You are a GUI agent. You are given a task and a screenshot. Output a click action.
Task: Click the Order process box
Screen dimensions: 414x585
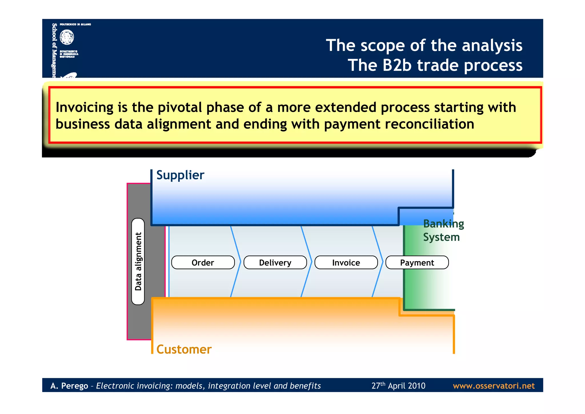pyautogui.click(x=203, y=262)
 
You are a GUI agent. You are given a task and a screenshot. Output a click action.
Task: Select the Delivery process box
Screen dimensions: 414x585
pyautogui.click(x=275, y=262)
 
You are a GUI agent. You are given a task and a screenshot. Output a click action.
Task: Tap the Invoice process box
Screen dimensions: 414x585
pyautogui.click(x=346, y=262)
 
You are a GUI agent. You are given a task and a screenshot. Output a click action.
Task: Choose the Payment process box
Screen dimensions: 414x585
pyautogui.click(x=417, y=262)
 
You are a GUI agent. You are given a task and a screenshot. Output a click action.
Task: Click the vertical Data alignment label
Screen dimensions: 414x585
pyautogui.click(x=138, y=261)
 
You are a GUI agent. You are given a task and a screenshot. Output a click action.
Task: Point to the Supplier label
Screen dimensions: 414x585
pyautogui.click(x=180, y=175)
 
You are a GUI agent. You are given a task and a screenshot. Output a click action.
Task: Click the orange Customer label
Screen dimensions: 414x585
pyautogui.click(x=184, y=349)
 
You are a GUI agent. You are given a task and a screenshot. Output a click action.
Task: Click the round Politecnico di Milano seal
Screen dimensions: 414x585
pyautogui.click(x=67, y=37)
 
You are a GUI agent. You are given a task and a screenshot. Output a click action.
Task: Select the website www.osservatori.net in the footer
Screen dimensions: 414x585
pyautogui.click(x=494, y=386)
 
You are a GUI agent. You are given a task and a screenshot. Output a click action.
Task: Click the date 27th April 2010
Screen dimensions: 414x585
pyautogui.click(x=398, y=386)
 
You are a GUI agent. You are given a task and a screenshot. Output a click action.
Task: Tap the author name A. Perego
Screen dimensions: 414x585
pyautogui.click(x=69, y=386)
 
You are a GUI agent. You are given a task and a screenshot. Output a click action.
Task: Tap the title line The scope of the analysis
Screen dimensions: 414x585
pyautogui.click(x=424, y=45)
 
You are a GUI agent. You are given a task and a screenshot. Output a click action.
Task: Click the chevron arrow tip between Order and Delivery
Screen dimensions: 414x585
pyautogui.click(x=240, y=261)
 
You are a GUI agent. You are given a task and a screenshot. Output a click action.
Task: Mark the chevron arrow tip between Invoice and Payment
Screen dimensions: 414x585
pyautogui.click(x=382, y=261)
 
